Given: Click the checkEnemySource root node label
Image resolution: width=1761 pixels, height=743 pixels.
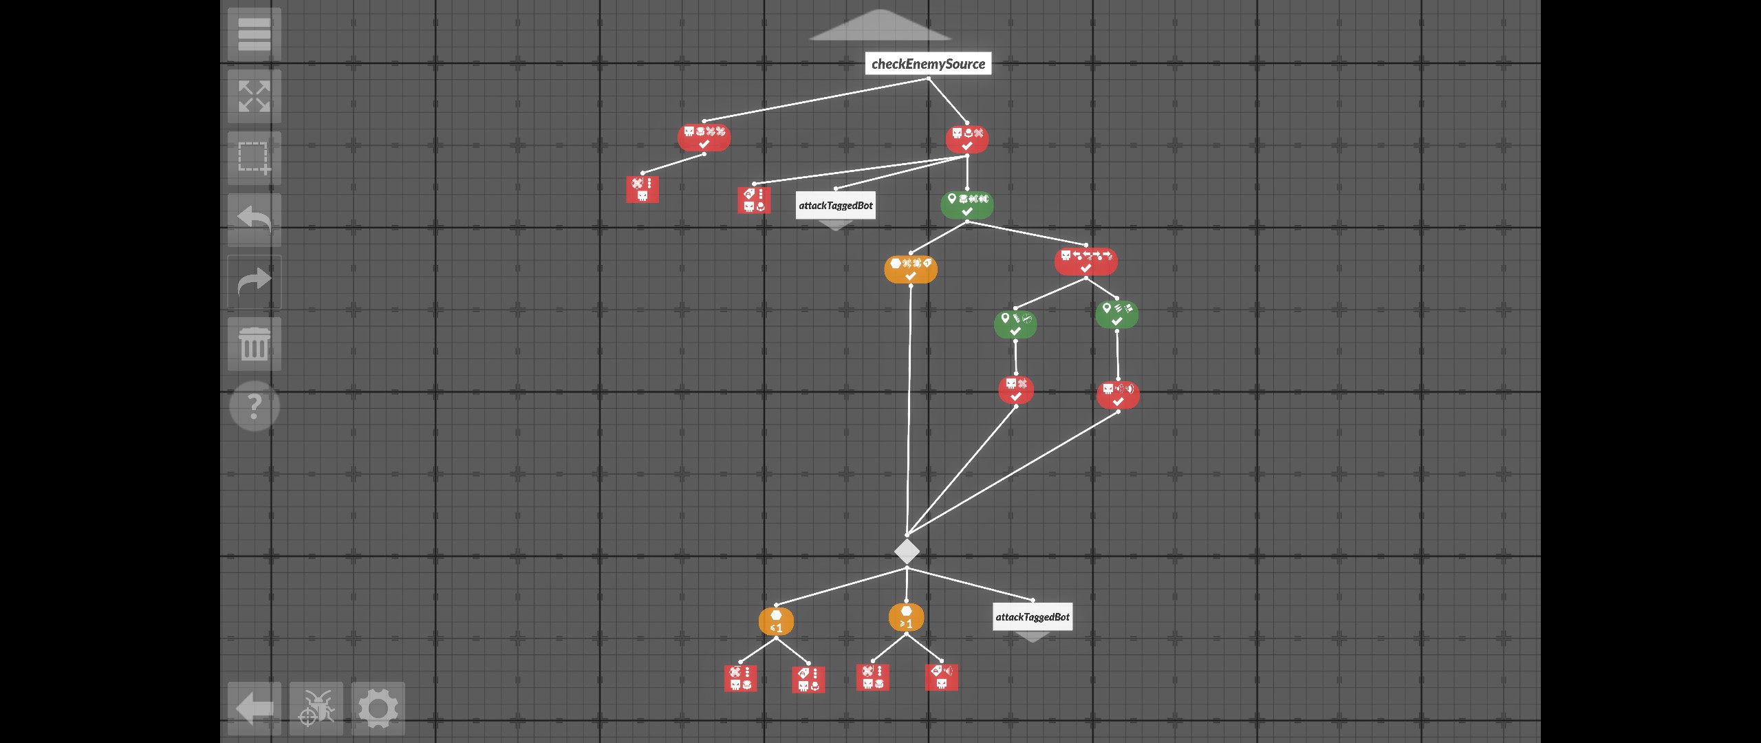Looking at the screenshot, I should (928, 64).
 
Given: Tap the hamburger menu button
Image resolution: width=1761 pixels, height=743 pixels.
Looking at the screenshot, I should (254, 34).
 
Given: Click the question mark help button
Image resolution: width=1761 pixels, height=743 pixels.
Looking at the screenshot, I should (254, 407).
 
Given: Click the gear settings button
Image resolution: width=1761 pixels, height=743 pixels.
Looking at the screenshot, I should (378, 709).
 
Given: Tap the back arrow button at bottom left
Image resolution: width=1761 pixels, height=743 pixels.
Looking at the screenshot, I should (254, 709).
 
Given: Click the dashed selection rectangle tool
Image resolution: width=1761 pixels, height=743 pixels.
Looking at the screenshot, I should (254, 158).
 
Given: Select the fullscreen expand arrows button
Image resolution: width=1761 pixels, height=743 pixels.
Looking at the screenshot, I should (254, 96).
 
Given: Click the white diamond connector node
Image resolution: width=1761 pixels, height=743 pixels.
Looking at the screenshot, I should (907, 551).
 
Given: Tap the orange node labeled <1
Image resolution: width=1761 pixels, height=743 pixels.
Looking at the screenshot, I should (776, 621).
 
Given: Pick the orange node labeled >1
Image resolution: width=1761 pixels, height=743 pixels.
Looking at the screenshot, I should (906, 617).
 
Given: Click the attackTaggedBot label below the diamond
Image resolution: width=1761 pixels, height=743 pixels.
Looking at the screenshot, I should (1033, 617).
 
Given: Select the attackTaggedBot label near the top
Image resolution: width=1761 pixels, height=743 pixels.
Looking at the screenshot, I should (835, 205).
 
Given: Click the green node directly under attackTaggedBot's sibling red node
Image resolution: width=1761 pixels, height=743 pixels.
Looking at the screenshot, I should (966, 204).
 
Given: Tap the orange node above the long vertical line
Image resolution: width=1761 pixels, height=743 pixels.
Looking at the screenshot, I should (910, 269).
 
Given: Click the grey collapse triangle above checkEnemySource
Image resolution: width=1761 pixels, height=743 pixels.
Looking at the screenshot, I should (880, 25).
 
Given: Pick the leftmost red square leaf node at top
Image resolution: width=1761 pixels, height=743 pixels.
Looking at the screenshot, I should (642, 189).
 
